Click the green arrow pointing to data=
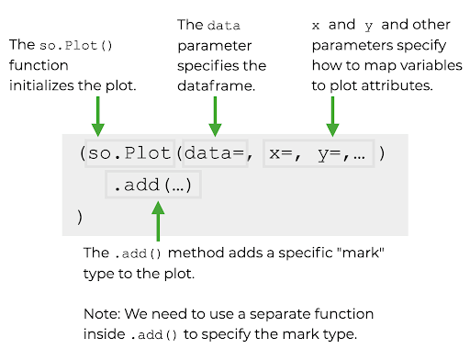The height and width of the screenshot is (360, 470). coord(215,116)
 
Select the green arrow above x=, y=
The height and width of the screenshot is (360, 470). coord(332,116)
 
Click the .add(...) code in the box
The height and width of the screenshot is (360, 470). coord(152,185)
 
